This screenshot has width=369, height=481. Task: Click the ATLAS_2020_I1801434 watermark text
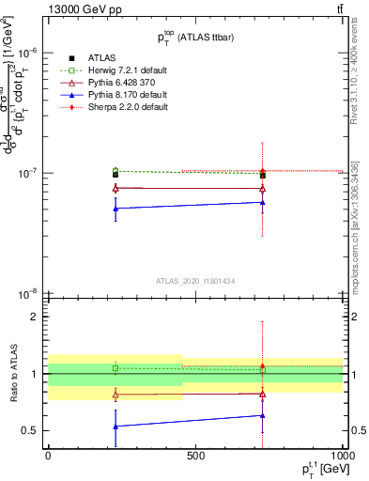pos(194,281)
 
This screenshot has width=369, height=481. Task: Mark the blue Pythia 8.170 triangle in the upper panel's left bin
pos(115,209)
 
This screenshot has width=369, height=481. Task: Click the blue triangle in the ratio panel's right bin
pos(262,415)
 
